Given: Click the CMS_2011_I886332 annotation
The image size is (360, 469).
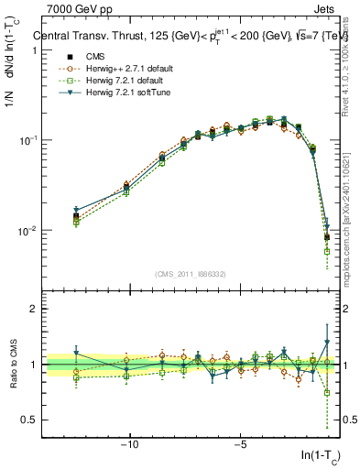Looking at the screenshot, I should [191, 274].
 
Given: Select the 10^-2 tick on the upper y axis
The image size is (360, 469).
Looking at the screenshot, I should [28, 230].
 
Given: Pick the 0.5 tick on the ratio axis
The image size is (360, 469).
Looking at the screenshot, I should [27, 420].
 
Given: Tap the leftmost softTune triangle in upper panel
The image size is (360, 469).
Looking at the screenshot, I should [76, 210].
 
